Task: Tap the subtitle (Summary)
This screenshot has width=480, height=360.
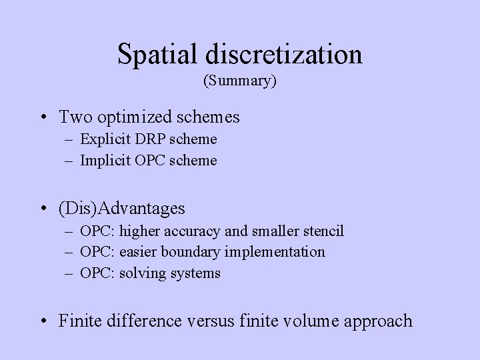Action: (x=240, y=81)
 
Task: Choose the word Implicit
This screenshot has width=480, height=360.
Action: (x=104, y=160)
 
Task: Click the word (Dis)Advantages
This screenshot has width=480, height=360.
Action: (x=122, y=209)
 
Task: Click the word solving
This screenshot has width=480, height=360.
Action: (x=142, y=273)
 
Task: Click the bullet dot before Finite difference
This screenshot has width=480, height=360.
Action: (x=44, y=321)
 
